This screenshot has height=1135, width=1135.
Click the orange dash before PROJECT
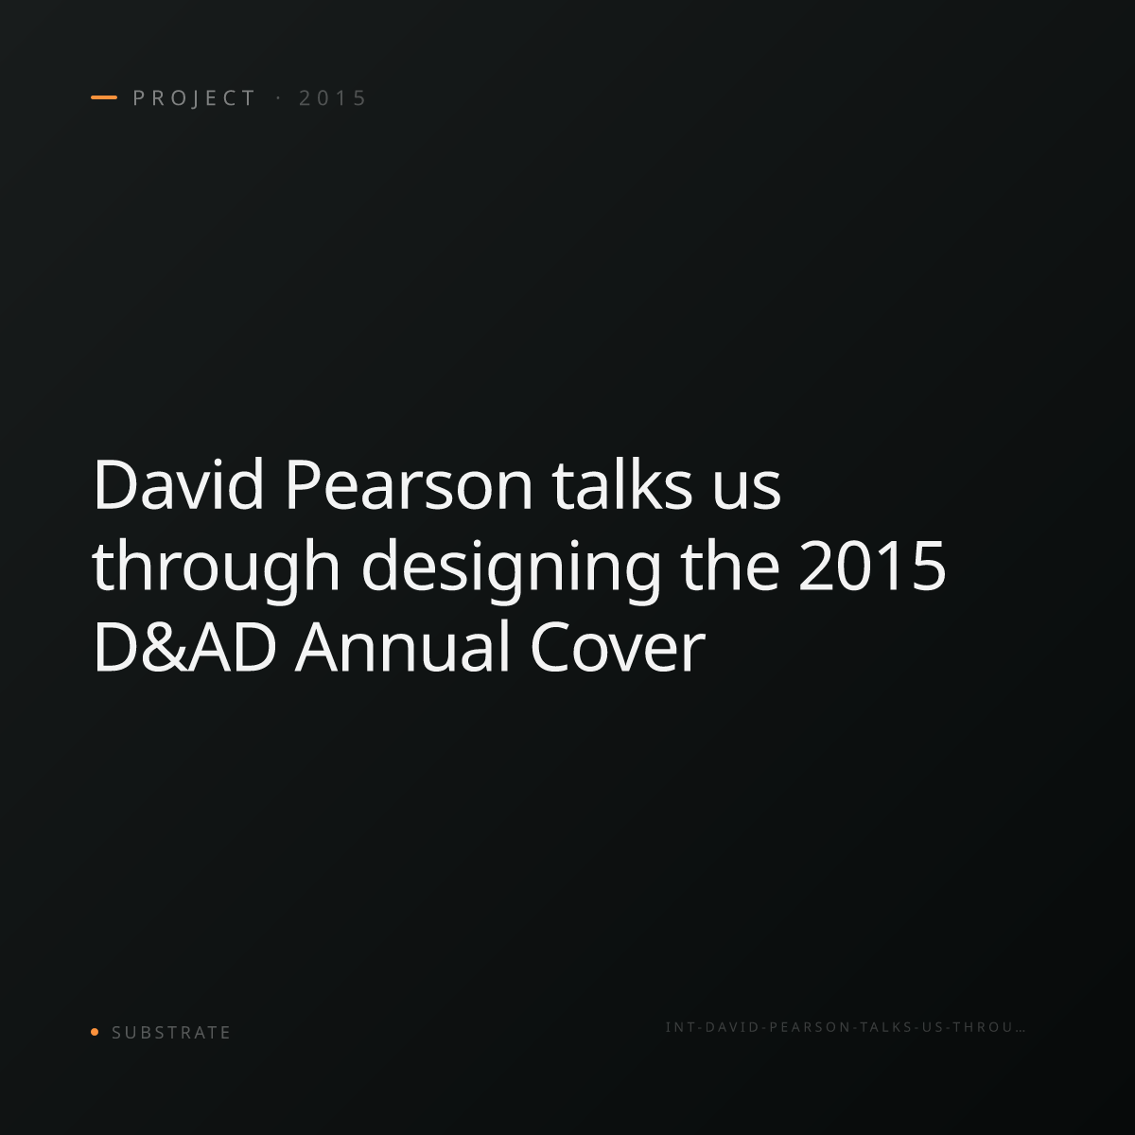104,97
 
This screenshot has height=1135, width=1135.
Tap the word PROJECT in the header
195,98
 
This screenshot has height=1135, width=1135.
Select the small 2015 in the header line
333,98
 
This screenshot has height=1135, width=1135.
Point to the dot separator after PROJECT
278,98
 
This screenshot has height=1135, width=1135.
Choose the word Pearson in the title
410,484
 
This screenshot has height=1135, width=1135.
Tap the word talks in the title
622,484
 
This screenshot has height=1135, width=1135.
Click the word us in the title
746,490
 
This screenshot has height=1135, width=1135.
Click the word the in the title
730,566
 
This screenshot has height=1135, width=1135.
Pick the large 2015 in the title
872,566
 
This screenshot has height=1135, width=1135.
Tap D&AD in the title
184,647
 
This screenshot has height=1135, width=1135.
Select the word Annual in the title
402,646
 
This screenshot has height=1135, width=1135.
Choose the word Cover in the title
618,647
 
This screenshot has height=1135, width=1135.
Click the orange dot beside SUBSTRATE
95,1032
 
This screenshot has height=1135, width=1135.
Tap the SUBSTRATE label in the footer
171,1033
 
